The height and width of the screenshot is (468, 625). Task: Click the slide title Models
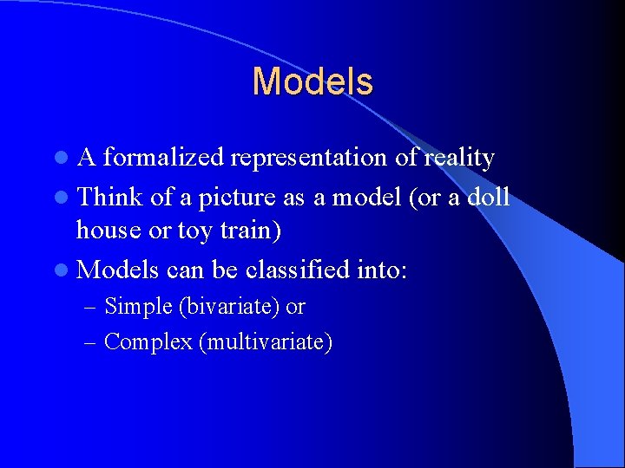click(312, 82)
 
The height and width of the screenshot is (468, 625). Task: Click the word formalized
click(162, 158)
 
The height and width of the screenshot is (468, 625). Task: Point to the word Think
click(110, 197)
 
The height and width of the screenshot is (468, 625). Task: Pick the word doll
click(488, 197)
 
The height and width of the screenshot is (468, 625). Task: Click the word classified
click(299, 270)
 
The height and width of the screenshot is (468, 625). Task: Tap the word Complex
click(148, 342)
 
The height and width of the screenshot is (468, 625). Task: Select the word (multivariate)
click(266, 342)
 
